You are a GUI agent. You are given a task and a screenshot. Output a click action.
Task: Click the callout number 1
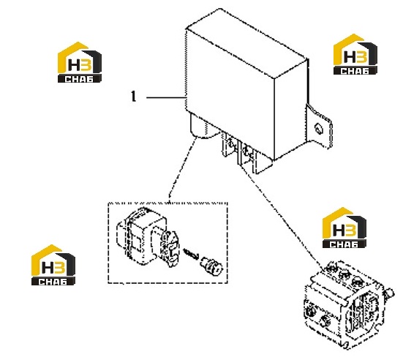pyautogui.click(x=133, y=97)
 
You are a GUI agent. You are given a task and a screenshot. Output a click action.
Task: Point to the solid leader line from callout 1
pyautogui.click(x=166, y=98)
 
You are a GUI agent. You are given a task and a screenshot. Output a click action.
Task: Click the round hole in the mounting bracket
pyautogui.click(x=318, y=129)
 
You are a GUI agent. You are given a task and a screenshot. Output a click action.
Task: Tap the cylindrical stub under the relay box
pyautogui.click(x=204, y=127)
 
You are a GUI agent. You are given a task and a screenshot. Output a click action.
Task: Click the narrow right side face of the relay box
pyautogui.click(x=291, y=109)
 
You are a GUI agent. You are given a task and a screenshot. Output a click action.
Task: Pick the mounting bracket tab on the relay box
pyautogui.click(x=319, y=127)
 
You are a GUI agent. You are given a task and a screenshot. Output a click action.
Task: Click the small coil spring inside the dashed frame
pyautogui.click(x=191, y=254)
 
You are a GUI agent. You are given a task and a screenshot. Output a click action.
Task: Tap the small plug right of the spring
pyautogui.click(x=212, y=265)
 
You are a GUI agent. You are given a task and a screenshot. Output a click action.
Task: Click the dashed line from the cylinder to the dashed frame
pyautogui.click(x=181, y=170)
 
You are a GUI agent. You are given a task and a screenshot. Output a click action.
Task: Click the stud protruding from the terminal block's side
pyautogui.click(x=388, y=293)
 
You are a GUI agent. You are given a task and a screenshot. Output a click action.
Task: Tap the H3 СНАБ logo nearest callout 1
pyautogui.click(x=80, y=62)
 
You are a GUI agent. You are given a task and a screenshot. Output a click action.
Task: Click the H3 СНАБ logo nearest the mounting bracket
pyautogui.click(x=355, y=54)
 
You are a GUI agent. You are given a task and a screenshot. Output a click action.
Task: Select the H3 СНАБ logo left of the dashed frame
pyautogui.click(x=53, y=265)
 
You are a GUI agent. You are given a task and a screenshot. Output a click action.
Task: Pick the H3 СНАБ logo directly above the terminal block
pyautogui.click(x=344, y=228)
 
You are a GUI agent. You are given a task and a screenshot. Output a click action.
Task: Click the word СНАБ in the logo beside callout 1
pyautogui.click(x=80, y=79)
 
